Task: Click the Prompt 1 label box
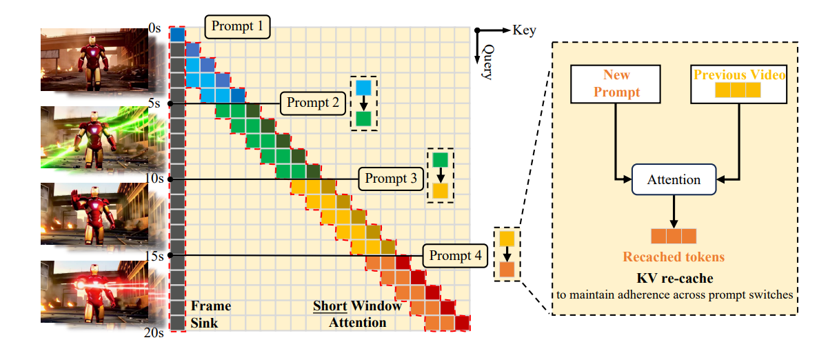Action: pyautogui.click(x=237, y=27)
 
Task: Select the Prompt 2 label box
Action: pyautogui.click(x=313, y=104)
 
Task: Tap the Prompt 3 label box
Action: pyautogui.click(x=391, y=179)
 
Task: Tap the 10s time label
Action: pyautogui.click(x=154, y=179)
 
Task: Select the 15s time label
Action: pyautogui.click(x=154, y=255)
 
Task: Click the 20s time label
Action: pyautogui.click(x=154, y=334)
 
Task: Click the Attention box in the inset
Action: pyautogui.click(x=674, y=180)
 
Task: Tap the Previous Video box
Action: pyautogui.click(x=739, y=83)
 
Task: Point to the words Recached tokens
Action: pyautogui.click(x=674, y=257)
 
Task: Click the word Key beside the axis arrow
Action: pyautogui.click(x=524, y=30)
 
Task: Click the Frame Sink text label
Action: pyautogui.click(x=210, y=314)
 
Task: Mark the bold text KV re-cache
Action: pyautogui.click(x=674, y=279)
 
